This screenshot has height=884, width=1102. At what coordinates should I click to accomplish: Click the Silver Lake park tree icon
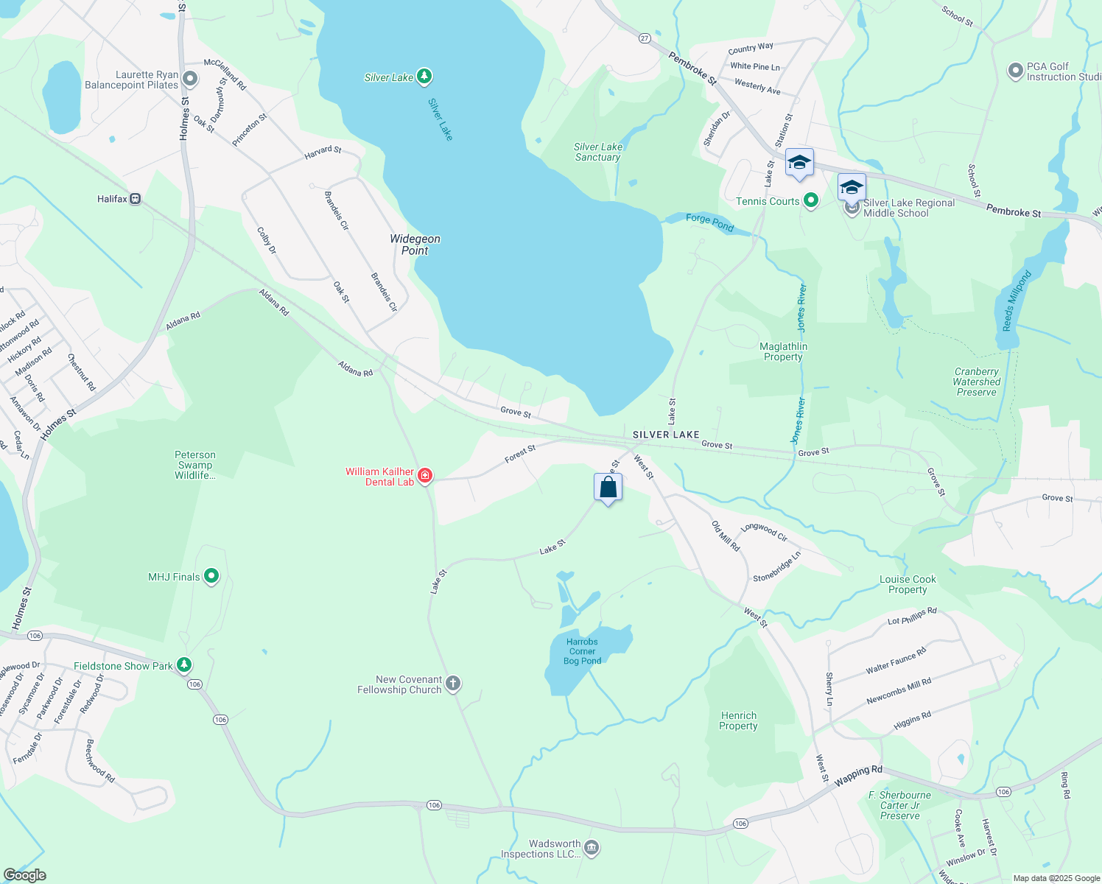pos(424,76)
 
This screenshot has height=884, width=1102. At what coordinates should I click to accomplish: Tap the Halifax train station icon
pos(135,199)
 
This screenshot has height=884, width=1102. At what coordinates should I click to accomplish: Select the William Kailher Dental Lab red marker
pos(425,476)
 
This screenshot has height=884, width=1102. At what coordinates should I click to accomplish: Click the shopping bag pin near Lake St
pos(608,488)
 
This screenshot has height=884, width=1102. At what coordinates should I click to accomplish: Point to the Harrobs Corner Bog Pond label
pos(582,651)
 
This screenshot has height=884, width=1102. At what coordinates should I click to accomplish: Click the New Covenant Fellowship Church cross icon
pos(453,684)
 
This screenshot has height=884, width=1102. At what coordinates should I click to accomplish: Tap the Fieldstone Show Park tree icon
pos(184,665)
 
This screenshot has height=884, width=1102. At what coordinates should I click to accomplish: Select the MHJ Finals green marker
pos(211,576)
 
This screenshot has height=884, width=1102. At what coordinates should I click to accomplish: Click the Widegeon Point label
pos(415,245)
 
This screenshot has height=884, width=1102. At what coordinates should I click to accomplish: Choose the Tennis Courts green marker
pos(811,200)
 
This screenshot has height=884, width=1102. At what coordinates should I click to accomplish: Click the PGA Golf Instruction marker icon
pos(1016,71)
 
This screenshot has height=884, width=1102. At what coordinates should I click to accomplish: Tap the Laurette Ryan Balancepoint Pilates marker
pos(190,79)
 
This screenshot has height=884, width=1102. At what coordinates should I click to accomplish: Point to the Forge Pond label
pos(709,222)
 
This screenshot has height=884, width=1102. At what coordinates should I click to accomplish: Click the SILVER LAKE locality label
pos(666,435)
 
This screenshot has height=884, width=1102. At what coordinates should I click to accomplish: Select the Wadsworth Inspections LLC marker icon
pos(592,849)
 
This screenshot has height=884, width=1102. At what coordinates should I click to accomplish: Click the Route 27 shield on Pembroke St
pos(645,38)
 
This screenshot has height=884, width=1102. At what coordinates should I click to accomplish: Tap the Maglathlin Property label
pos(783,351)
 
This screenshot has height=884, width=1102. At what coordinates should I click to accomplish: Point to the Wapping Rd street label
pos(858,774)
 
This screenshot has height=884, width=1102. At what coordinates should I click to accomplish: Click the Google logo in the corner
pos(25,875)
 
